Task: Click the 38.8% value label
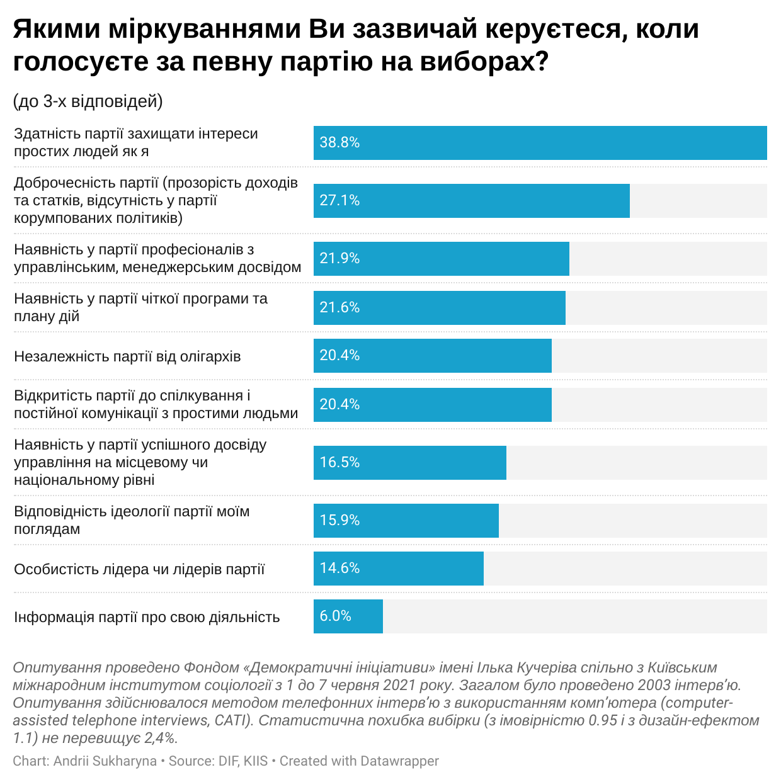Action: tap(339, 142)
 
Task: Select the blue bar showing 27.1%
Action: tap(471, 201)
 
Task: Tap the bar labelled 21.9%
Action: tap(441, 259)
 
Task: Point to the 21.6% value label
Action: tap(339, 307)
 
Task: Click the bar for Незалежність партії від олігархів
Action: tap(432, 356)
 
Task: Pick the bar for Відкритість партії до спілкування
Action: tap(432, 405)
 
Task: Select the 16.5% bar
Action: tap(409, 463)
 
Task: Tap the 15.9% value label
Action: tap(339, 520)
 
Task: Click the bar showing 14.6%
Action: tap(398, 569)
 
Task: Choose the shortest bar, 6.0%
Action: tap(348, 616)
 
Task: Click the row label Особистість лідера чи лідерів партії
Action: tap(139, 569)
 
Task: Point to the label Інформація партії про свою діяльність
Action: tap(147, 617)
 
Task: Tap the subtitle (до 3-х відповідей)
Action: tap(88, 101)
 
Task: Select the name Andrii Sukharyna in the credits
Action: tap(105, 761)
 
